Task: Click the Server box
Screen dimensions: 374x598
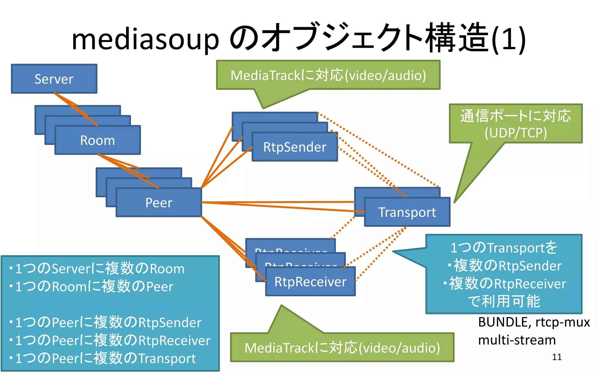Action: tap(54, 79)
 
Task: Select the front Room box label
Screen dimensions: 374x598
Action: tap(98, 141)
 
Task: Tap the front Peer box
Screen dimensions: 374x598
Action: tap(159, 203)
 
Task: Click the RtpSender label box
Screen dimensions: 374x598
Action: tap(295, 147)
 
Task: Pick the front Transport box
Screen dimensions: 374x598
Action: tap(407, 212)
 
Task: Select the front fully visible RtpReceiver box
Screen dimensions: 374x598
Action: tap(310, 282)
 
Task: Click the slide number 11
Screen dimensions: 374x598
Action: tap(557, 357)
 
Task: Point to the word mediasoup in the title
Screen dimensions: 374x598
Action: tap(145, 39)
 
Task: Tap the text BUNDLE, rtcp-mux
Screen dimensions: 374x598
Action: tap(534, 322)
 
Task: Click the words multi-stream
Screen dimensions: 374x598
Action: tap(517, 340)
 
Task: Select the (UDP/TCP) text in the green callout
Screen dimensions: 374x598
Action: tap(516, 133)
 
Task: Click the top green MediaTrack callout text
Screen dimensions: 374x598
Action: tap(328, 75)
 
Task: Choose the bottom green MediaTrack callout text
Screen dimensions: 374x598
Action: tap(342, 348)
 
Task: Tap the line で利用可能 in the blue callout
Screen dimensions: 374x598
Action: tap(504, 301)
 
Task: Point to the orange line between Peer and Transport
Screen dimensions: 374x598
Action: tap(277, 202)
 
